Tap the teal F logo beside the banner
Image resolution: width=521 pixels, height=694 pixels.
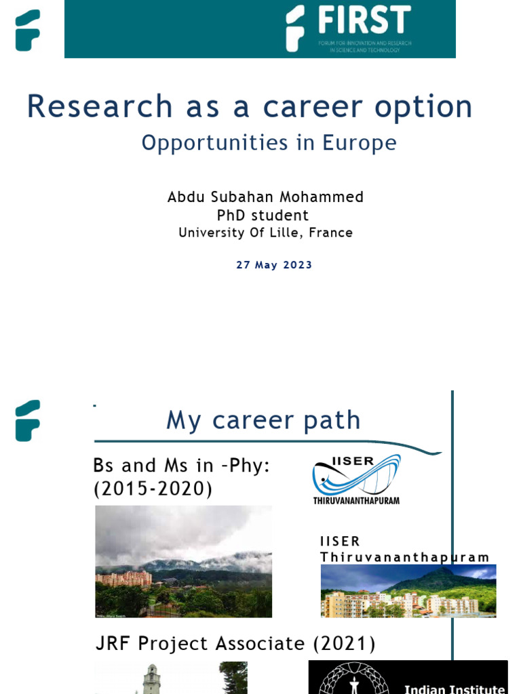(28, 30)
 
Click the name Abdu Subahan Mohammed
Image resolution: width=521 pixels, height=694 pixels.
(265, 197)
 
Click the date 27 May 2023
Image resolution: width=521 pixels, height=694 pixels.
(274, 265)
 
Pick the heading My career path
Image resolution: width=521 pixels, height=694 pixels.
(263, 421)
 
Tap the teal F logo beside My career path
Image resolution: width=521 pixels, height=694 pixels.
(28, 420)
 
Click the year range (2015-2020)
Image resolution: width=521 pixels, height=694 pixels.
(153, 489)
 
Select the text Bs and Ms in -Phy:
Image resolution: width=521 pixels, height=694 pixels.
(181, 466)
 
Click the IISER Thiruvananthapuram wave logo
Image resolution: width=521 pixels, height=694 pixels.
(356, 478)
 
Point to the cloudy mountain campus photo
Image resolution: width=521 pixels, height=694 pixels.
(183, 561)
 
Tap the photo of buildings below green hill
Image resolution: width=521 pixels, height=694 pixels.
(408, 591)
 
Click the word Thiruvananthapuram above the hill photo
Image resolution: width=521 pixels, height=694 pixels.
(404, 557)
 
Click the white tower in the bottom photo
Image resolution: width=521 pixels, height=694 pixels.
(151, 679)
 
